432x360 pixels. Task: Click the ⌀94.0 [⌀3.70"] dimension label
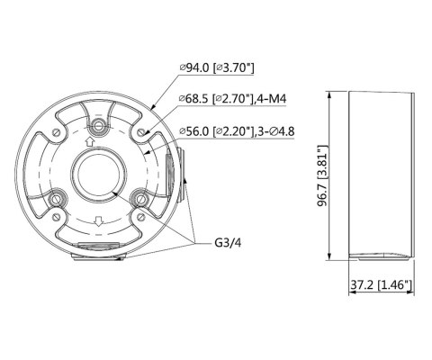point(217,67)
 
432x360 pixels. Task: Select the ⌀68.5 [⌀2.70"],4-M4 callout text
point(233,98)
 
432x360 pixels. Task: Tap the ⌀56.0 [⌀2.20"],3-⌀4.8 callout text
point(237,131)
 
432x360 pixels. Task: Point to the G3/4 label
point(228,242)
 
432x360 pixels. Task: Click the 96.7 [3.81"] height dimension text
point(323,176)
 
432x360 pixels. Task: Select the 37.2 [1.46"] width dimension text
point(381,284)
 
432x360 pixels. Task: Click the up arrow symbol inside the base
point(89,141)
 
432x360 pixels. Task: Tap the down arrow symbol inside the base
point(98,221)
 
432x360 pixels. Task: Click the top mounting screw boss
point(98,125)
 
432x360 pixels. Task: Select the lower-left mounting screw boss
point(56,198)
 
